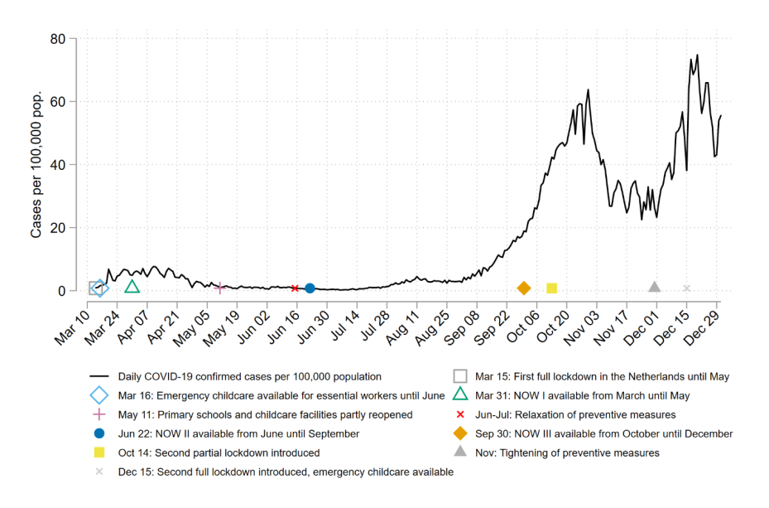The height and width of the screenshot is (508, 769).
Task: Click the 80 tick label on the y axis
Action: (x=57, y=39)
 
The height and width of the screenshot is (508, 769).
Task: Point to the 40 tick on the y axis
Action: (x=57, y=165)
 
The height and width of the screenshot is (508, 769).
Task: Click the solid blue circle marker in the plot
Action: (x=310, y=288)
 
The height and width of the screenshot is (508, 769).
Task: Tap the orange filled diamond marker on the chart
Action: (x=524, y=288)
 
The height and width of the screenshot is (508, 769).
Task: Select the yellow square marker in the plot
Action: (x=552, y=288)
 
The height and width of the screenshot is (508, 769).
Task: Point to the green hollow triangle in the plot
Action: (x=132, y=287)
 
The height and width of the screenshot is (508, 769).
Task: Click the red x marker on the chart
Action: (x=295, y=288)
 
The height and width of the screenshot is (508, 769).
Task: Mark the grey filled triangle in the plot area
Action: (x=655, y=287)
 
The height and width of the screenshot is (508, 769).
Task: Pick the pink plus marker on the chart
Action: (x=219, y=288)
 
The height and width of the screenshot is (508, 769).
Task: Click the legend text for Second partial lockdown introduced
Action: (x=219, y=453)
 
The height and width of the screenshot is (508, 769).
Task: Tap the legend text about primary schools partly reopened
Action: (x=265, y=414)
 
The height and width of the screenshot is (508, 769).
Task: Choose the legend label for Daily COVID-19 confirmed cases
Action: (x=249, y=375)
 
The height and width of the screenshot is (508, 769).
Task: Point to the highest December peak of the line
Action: (x=697, y=56)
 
